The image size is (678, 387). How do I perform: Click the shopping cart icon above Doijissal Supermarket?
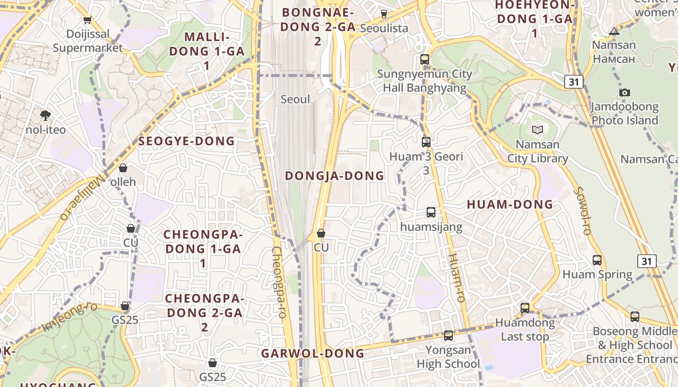pyautogui.click(x=87, y=20)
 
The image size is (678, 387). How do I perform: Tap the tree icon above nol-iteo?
pyautogui.click(x=46, y=115)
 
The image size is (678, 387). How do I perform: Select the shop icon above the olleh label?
pyautogui.click(x=123, y=168)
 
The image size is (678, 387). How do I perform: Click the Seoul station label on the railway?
pyautogui.click(x=295, y=99)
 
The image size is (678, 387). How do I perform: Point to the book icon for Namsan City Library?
pyautogui.click(x=537, y=130)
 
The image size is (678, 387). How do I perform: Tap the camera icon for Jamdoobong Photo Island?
pyautogui.click(x=625, y=92)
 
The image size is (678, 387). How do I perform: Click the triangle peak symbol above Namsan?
pyautogui.click(x=614, y=31)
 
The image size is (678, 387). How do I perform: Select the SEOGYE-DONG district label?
pyautogui.click(x=186, y=141)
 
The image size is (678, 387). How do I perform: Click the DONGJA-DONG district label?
pyautogui.click(x=334, y=176)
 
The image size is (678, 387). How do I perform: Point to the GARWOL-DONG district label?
pyautogui.click(x=312, y=354)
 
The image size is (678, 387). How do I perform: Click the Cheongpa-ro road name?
pyautogui.click(x=278, y=282)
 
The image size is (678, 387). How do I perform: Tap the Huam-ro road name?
pyautogui.click(x=456, y=277)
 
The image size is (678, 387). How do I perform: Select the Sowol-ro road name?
pyautogui.click(x=582, y=211)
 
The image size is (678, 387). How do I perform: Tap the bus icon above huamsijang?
pyautogui.click(x=431, y=212)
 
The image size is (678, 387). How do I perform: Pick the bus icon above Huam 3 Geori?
pyautogui.click(x=426, y=142)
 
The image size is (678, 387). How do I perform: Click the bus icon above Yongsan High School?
pyautogui.click(x=448, y=335)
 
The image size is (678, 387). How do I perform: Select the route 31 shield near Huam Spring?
pyautogui.click(x=647, y=261)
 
